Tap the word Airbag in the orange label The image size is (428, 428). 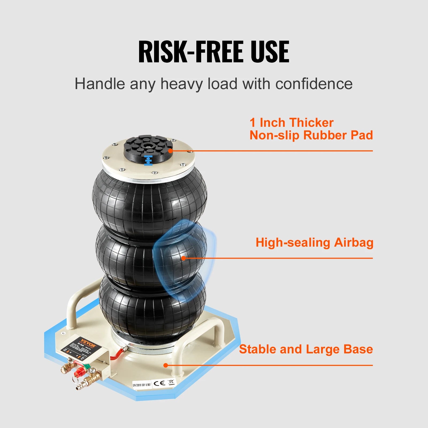tap(354, 243)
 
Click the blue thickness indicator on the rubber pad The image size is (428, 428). tap(148, 160)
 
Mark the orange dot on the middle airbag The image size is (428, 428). tap(184, 258)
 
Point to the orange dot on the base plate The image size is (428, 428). tap(166, 365)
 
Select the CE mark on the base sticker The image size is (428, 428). tap(159, 383)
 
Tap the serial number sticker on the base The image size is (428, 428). tap(142, 385)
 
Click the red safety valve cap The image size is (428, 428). tap(79, 371)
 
